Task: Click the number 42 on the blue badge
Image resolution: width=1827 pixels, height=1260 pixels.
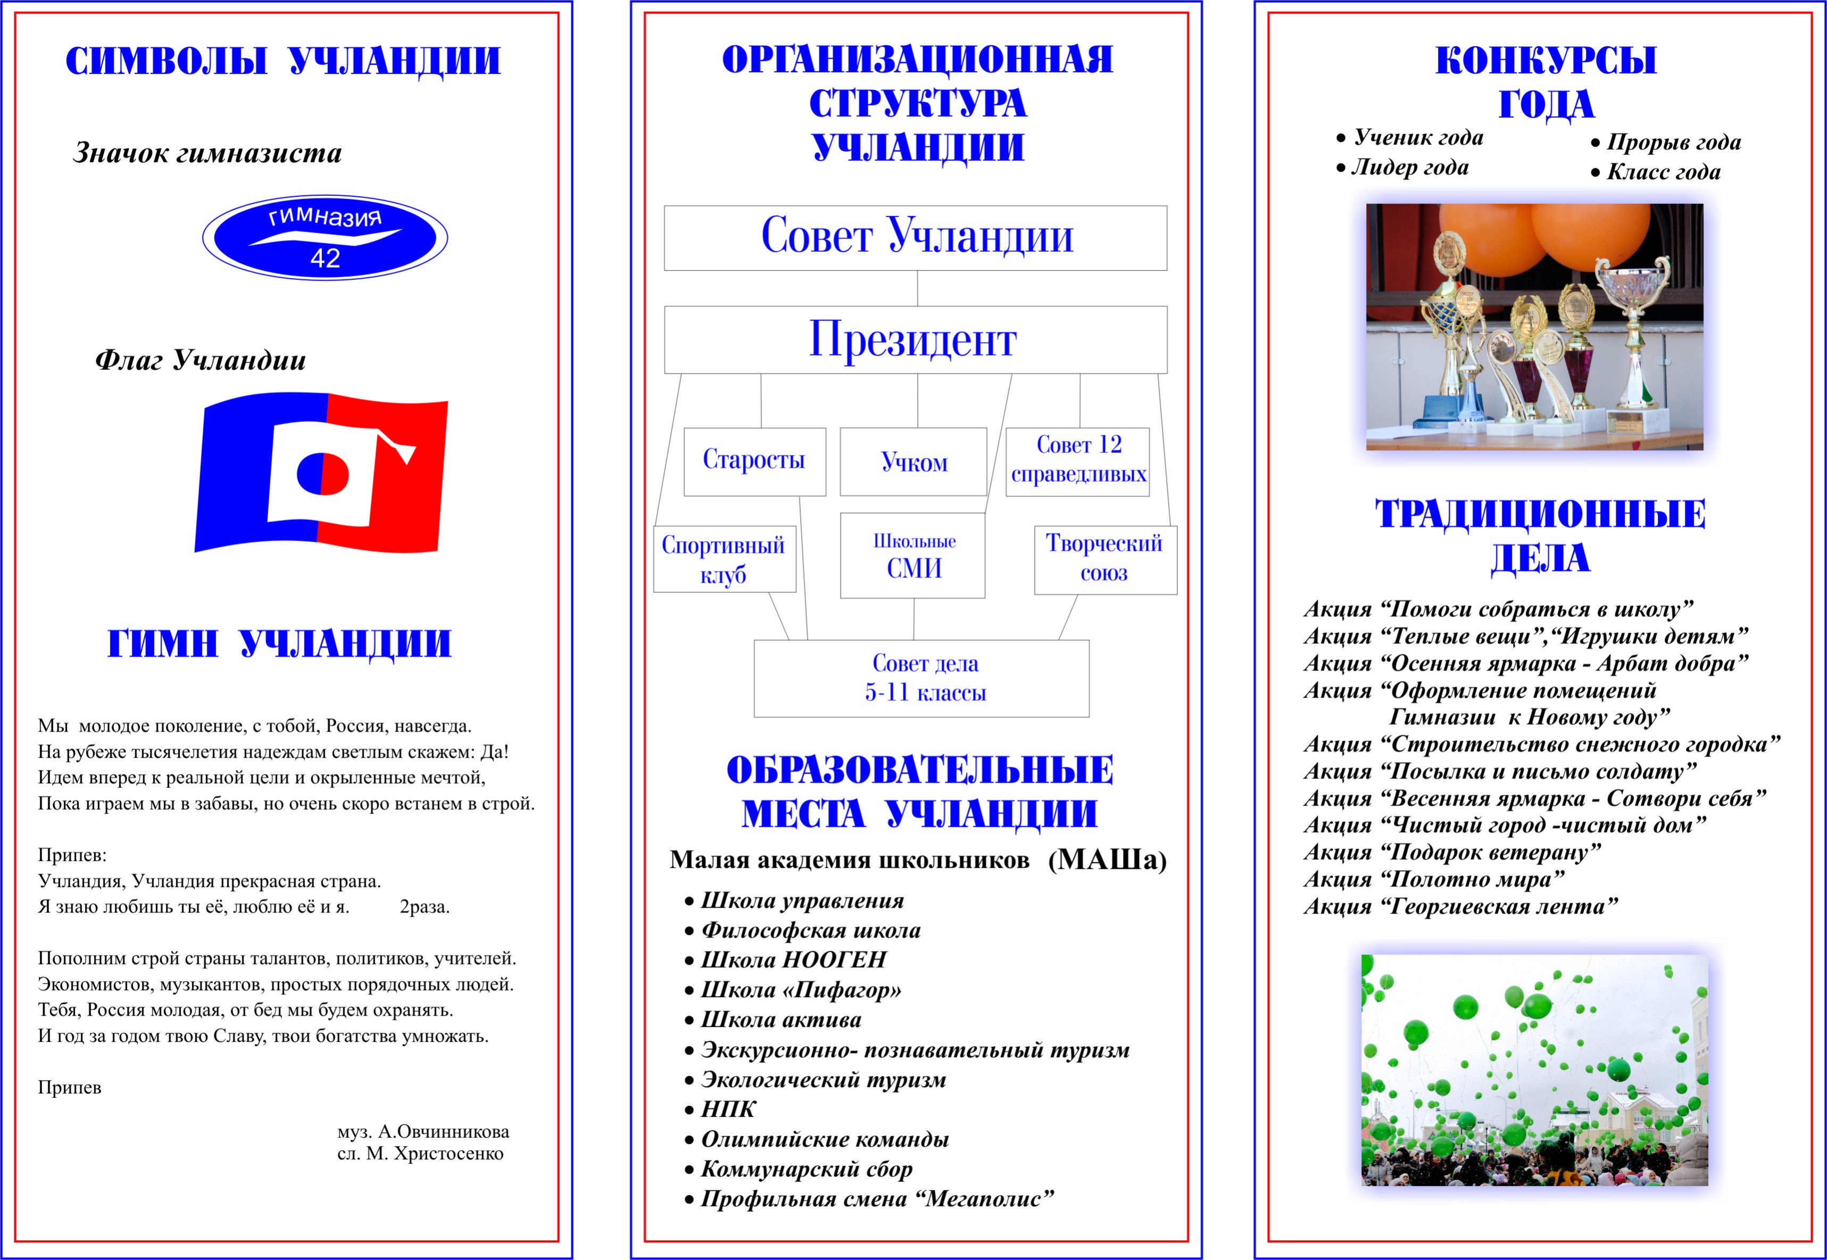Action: coord(325,258)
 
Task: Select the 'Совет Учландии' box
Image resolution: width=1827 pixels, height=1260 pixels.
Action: coord(916,237)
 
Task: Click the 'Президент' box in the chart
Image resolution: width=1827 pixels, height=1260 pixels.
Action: coord(916,339)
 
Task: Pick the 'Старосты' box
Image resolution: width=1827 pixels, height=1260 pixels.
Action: coord(754,461)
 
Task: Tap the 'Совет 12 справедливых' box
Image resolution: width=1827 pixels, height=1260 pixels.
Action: coord(1078,461)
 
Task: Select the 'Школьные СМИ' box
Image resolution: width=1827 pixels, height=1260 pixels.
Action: coord(913,556)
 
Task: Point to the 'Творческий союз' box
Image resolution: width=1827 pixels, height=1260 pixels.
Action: coord(1105,559)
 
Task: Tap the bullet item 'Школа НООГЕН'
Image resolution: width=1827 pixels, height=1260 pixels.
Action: coord(793,960)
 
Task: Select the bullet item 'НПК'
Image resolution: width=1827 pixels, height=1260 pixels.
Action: coord(728,1109)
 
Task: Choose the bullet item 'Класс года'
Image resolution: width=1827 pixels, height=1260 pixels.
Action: coord(1663,172)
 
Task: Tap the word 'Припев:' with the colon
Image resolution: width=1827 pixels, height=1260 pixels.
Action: coord(72,855)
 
